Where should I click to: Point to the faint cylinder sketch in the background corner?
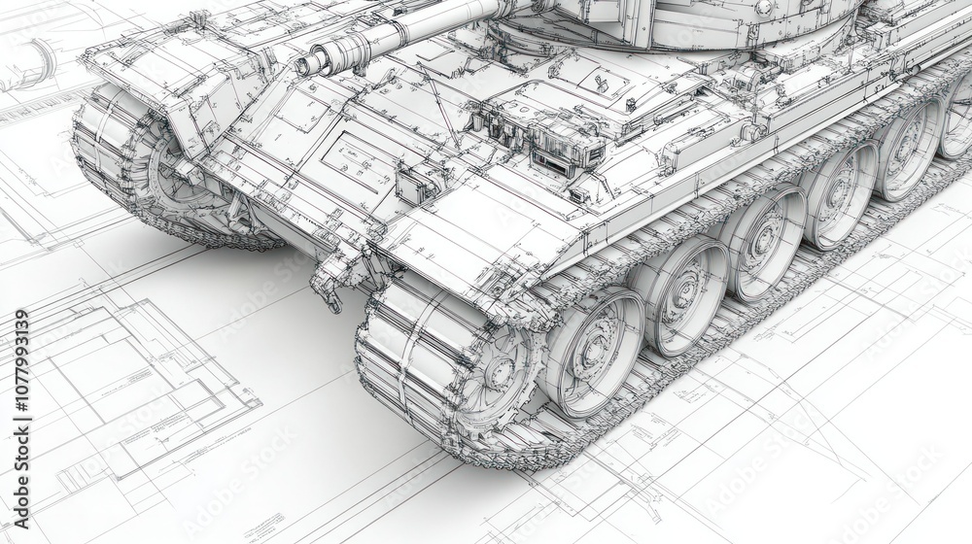[x=29, y=63]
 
